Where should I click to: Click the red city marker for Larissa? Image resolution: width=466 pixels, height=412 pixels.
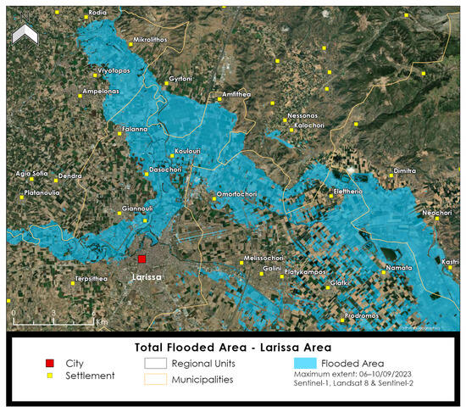(142, 259)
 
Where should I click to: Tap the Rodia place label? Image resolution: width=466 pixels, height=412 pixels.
(97, 13)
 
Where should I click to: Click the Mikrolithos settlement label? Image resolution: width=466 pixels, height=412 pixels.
(151, 40)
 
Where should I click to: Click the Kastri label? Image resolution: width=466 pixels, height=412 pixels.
(450, 262)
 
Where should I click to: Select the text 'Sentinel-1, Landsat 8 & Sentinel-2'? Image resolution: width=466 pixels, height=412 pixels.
(360, 385)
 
